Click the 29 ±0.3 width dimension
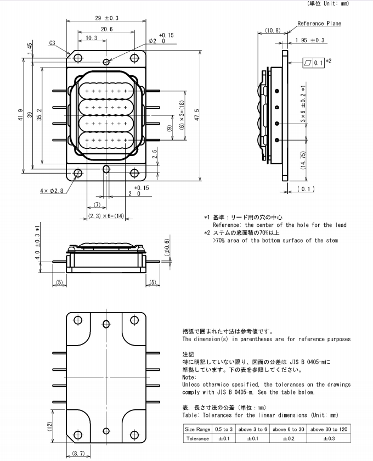106,18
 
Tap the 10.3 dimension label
92,38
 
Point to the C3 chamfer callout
52,42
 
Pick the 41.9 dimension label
20,115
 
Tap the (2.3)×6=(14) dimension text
106,216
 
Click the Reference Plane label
319,24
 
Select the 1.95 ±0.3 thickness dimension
309,40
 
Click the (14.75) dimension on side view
303,160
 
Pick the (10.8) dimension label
273,30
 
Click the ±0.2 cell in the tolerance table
289,438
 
